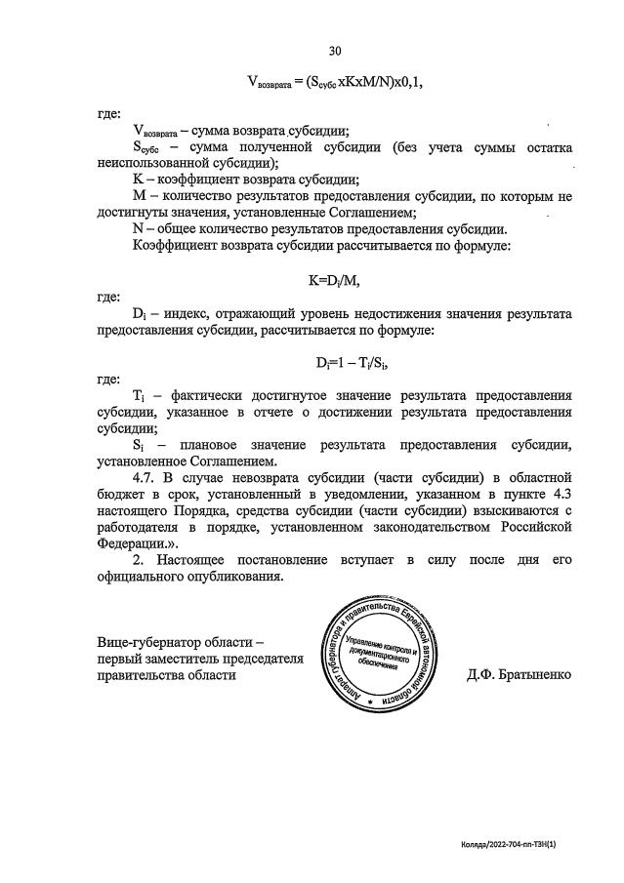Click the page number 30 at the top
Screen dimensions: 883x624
(335, 50)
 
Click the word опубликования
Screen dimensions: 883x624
(237, 577)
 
